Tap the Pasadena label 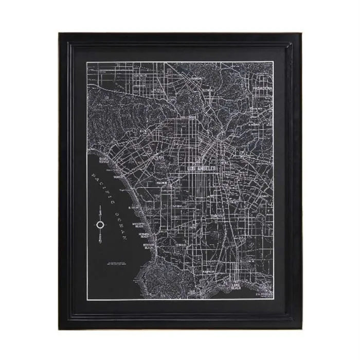click(x=262, y=88)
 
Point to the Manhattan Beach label click(x=138, y=226)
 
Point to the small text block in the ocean click(x=116, y=263)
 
